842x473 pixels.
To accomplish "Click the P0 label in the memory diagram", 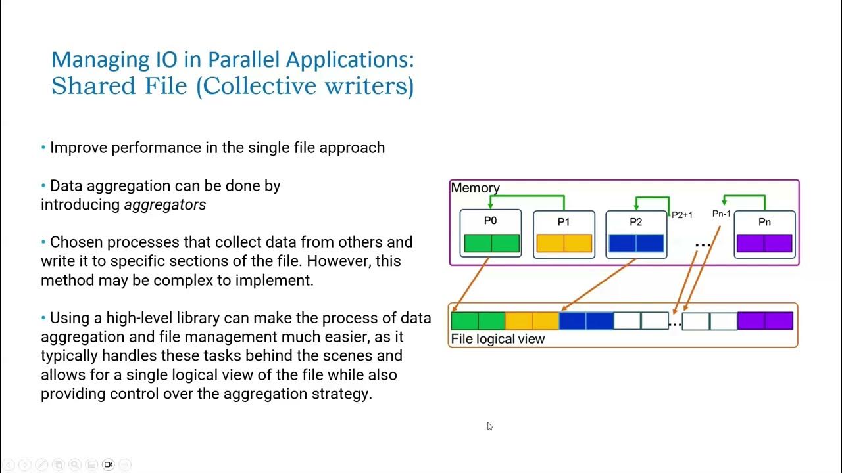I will pyautogui.click(x=490, y=221).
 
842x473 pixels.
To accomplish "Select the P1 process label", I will pyautogui.click(x=564, y=222).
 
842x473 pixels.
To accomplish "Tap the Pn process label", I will pyautogui.click(x=764, y=222).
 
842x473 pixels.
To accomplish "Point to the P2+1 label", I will pyautogui.click(x=681, y=215).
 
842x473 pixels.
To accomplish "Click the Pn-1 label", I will pyautogui.click(x=721, y=214).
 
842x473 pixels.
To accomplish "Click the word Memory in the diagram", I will pyautogui.click(x=475, y=188).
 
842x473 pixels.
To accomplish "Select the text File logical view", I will pyautogui.click(x=497, y=339).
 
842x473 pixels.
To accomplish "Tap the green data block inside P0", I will pyautogui.click(x=491, y=243).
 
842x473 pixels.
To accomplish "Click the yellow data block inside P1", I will pyautogui.click(x=564, y=243).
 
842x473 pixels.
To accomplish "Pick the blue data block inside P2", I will pyautogui.click(x=636, y=243).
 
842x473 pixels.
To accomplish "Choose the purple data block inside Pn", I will pyautogui.click(x=764, y=243).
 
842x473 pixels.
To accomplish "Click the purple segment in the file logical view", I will pyautogui.click(x=765, y=321).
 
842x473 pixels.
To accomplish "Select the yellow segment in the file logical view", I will pyautogui.click(x=532, y=321).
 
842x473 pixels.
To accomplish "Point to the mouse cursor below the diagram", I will pyautogui.click(x=489, y=426).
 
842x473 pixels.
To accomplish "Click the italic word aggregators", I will pyautogui.click(x=165, y=205).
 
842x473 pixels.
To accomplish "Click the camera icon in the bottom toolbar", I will pyautogui.click(x=109, y=464).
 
